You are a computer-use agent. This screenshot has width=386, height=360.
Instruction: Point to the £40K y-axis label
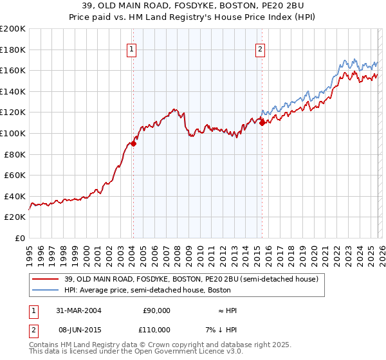15,196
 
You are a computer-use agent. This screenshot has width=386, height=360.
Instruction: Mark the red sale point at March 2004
133,143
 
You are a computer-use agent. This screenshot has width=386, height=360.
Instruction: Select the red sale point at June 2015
262,122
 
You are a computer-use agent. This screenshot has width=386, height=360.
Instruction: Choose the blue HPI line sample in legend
46,291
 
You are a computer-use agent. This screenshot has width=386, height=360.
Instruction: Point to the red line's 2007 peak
174,109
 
